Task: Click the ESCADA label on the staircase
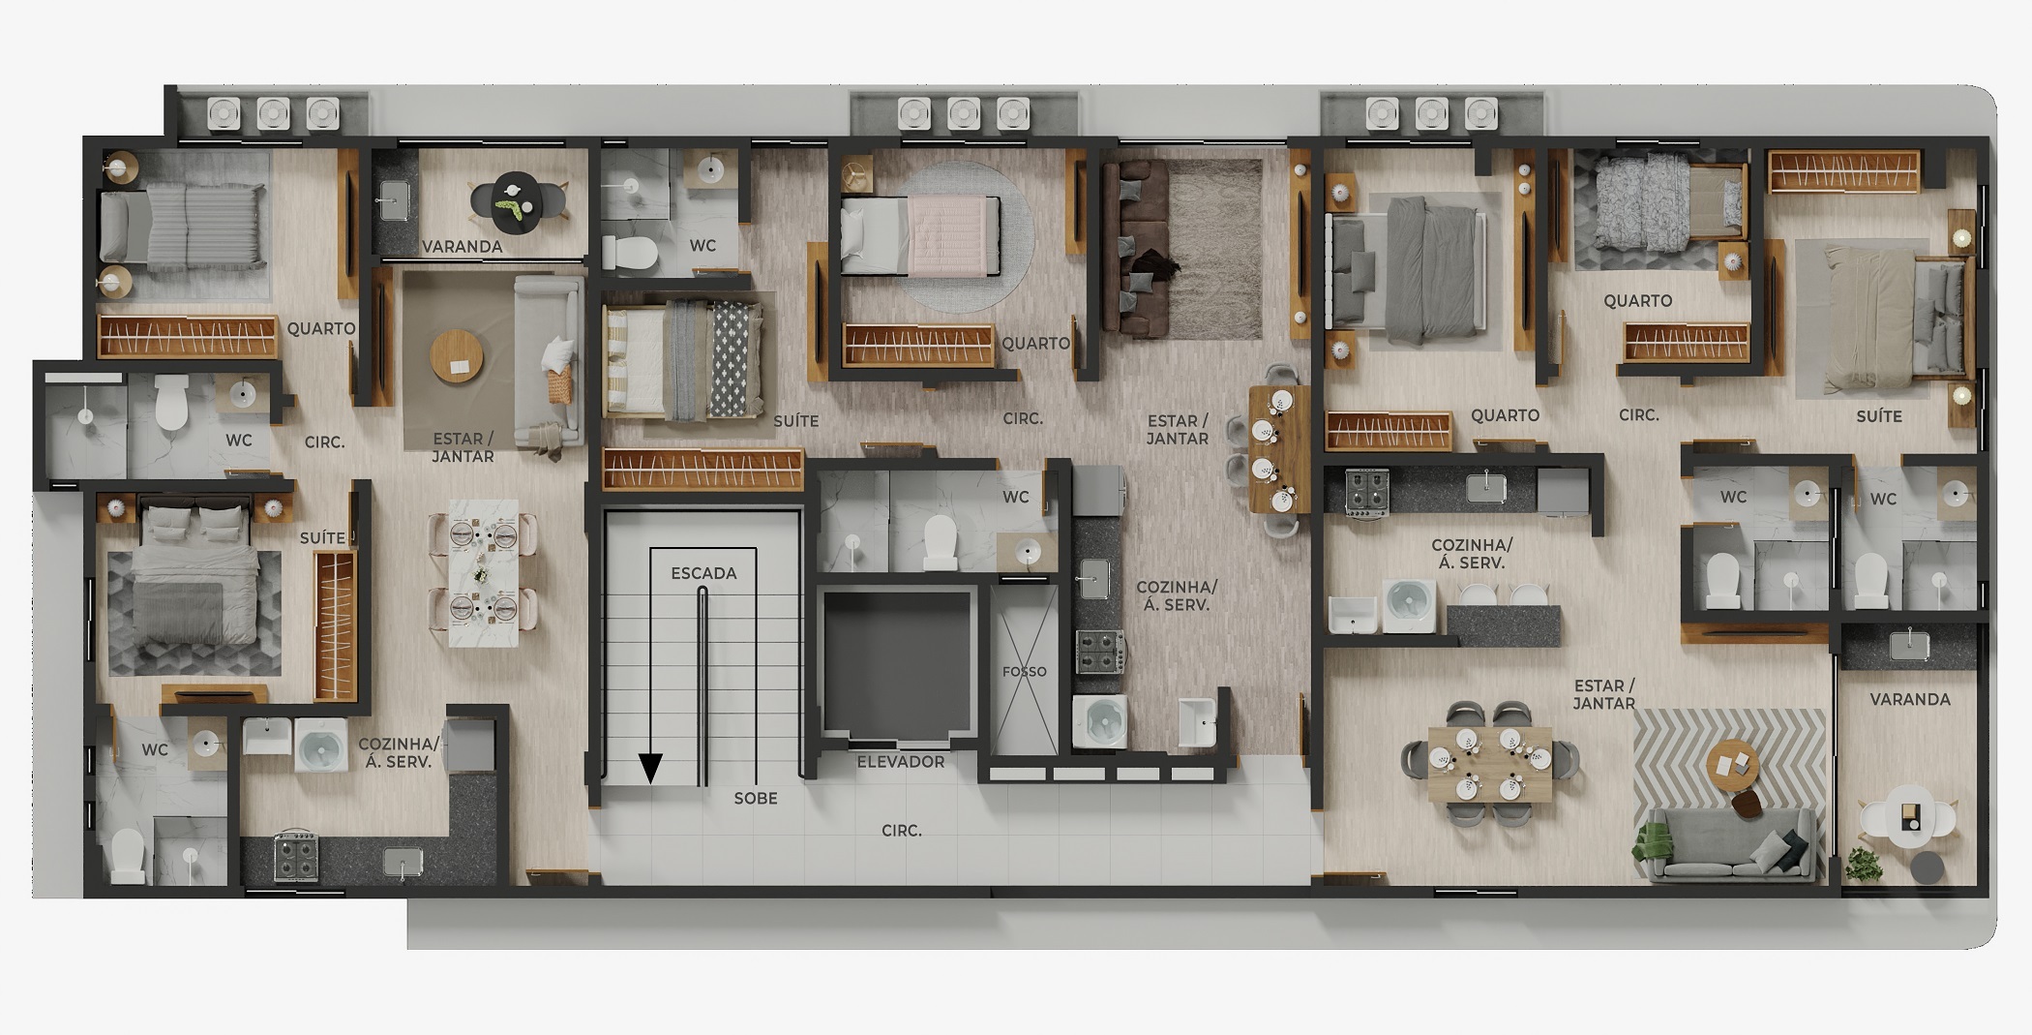pos(703,573)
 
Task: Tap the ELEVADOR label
pos(900,762)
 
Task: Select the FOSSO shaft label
pos(1025,671)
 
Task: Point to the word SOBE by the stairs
pos(756,799)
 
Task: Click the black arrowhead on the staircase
pos(651,768)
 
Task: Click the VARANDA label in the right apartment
pos(1909,699)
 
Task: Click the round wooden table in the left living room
pos(457,357)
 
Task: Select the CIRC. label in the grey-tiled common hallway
pos(901,831)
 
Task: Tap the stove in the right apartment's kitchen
pos(1367,492)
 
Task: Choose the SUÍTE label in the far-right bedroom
pos(1879,416)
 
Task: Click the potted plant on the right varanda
pos(1863,864)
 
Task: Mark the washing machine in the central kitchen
pos(1099,721)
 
